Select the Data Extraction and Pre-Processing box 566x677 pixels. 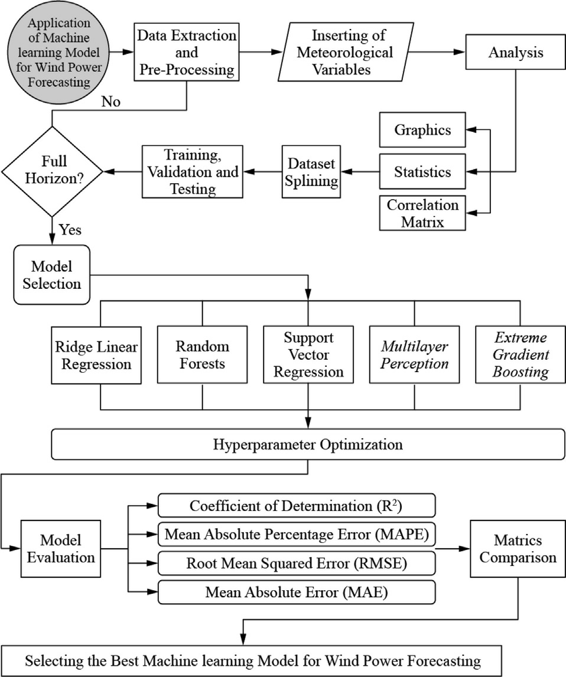187,53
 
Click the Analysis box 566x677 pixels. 516,53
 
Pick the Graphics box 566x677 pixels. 422,129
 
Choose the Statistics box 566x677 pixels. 422,172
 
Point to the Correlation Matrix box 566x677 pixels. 422,213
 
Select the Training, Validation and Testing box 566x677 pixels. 192,172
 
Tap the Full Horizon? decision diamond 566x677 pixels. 53,171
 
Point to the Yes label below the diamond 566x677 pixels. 70,229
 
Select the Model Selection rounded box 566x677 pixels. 52,275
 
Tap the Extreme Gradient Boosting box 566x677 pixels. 521,354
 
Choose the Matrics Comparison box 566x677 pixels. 517,549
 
